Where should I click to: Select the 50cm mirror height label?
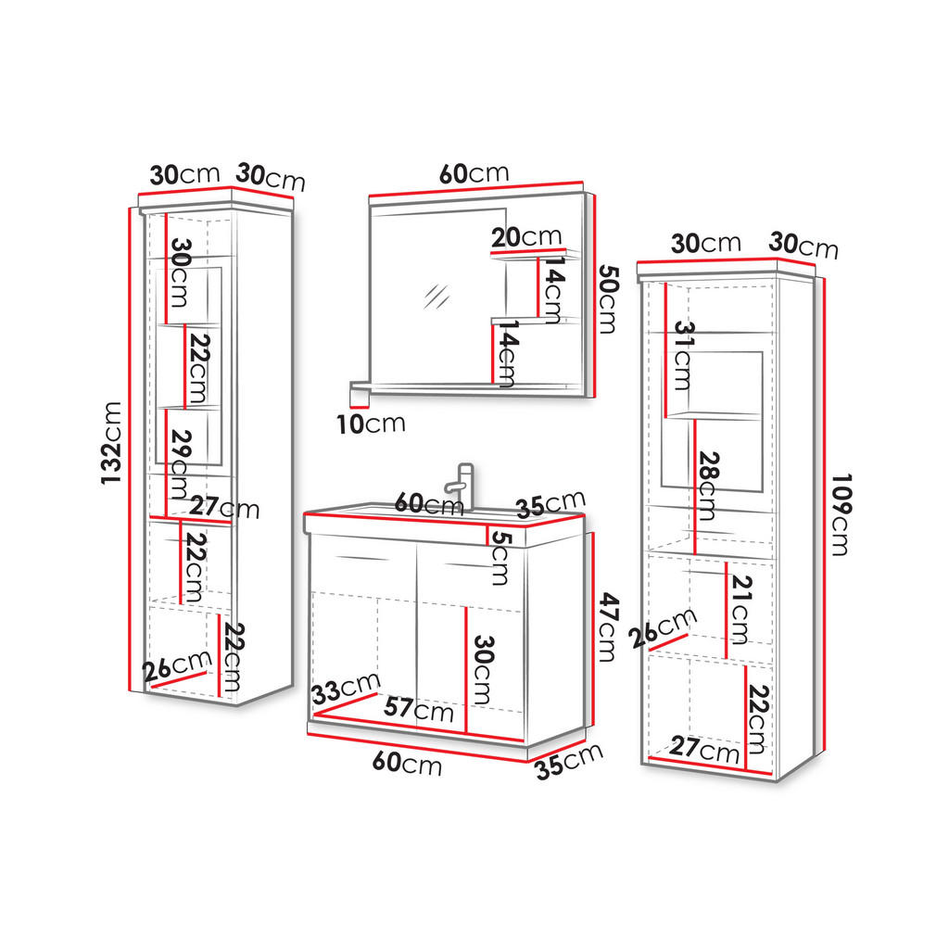click(607, 299)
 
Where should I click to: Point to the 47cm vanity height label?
click(606, 627)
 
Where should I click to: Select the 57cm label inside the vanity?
click(419, 710)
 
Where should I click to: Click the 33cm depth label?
click(345, 690)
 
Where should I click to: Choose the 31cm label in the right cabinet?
click(683, 357)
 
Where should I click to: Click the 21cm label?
click(739, 608)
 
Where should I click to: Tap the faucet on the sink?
click(461, 485)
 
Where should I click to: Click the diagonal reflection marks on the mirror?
click(435, 296)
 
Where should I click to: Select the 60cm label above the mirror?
click(474, 173)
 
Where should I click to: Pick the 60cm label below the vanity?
click(407, 764)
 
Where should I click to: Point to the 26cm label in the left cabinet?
click(180, 664)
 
